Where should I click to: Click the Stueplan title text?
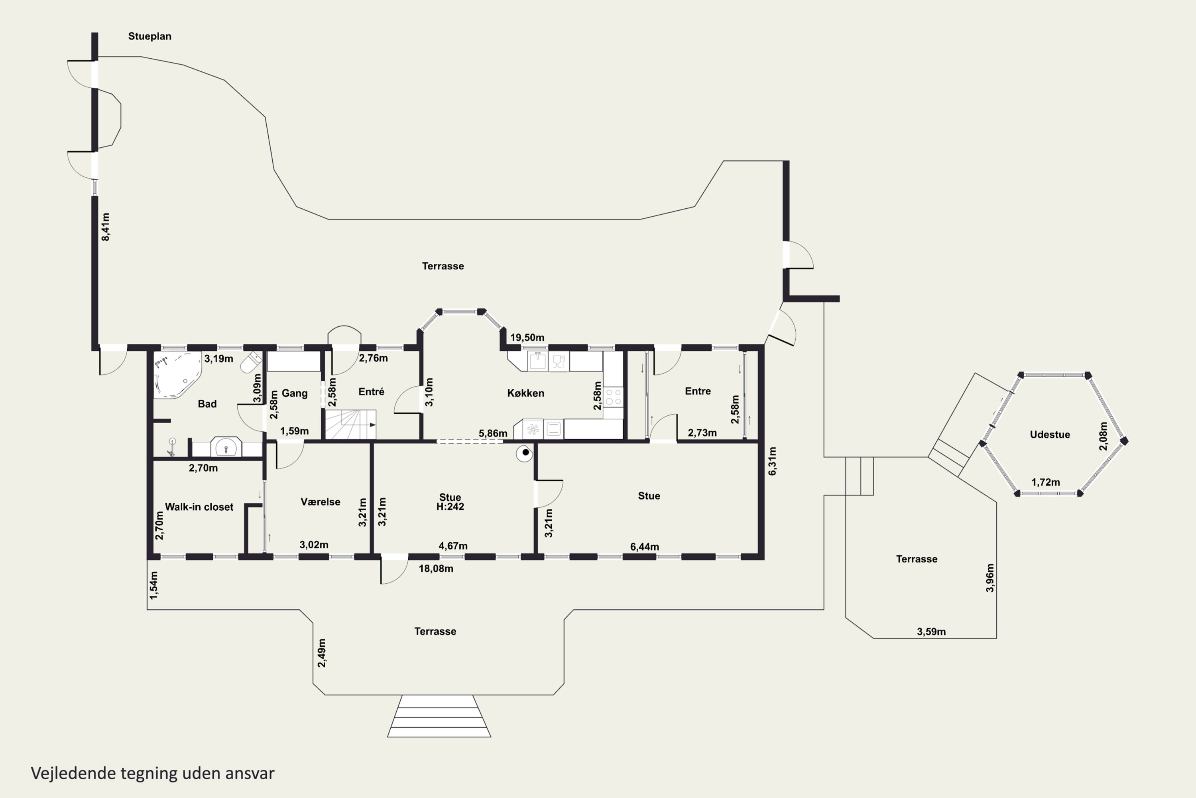point(149,36)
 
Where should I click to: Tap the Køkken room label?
point(526,393)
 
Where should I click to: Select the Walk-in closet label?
point(199,507)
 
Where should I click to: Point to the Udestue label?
point(1050,435)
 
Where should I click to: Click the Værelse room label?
point(321,502)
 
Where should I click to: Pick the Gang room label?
point(295,393)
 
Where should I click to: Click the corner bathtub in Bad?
point(177,375)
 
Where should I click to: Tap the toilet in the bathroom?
point(251,362)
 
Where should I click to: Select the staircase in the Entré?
point(350,425)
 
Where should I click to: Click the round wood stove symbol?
point(524,453)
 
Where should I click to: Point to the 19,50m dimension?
point(527,338)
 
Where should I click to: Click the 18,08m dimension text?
point(436,569)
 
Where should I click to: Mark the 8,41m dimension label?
point(106,227)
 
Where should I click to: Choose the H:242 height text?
point(450,506)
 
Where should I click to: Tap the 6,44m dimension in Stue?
point(645,547)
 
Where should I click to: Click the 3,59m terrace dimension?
point(932,632)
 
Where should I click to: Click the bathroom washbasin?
point(226,447)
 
